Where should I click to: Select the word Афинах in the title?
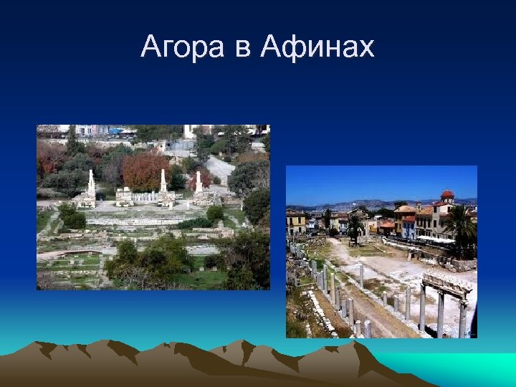click(x=317, y=47)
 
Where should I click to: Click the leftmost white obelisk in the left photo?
click(x=91, y=184)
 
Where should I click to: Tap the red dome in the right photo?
click(x=447, y=194)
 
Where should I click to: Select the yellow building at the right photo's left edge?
click(x=295, y=222)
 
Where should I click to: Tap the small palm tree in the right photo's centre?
click(x=355, y=226)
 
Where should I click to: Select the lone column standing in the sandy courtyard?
click(x=361, y=275)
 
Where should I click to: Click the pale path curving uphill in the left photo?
click(x=219, y=168)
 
